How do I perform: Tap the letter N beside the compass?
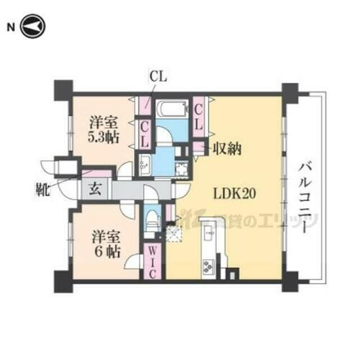click(x=10, y=28)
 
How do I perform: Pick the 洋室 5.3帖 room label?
click(x=104, y=129)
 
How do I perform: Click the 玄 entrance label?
click(x=94, y=190)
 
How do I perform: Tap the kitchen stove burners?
click(x=208, y=269)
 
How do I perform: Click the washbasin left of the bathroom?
click(x=143, y=161)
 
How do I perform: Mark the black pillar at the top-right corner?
click(x=289, y=92)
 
